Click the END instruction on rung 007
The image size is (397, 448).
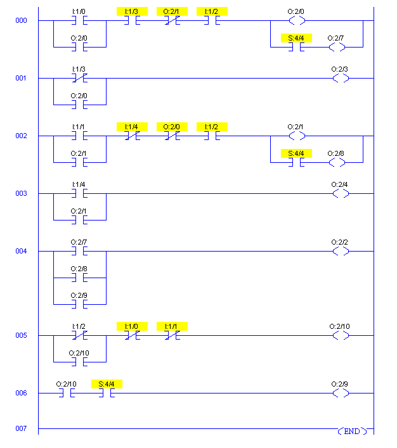[x=351, y=431]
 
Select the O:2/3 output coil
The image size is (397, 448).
[x=341, y=78]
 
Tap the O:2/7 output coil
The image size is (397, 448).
[x=337, y=47]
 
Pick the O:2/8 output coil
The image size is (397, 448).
[x=337, y=162]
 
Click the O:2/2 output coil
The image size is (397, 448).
[x=341, y=252]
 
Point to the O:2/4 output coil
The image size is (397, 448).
[x=341, y=193]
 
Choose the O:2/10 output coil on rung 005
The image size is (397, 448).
[x=341, y=335]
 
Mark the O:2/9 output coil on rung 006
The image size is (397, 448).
[x=341, y=393]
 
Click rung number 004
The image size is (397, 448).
[x=22, y=252]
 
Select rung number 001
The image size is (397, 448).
[x=22, y=78]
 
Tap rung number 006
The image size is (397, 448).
[x=22, y=394]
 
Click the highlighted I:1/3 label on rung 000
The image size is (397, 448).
[x=133, y=11]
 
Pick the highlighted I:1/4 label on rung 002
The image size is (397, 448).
[x=133, y=127]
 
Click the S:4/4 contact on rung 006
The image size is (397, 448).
[x=107, y=393]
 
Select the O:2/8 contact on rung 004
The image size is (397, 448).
[x=79, y=278]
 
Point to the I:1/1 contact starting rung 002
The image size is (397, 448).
[x=79, y=136]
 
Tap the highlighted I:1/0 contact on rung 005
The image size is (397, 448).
[x=132, y=335]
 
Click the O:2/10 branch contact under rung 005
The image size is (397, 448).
[x=79, y=362]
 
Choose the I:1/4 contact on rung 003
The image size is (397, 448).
[x=79, y=193]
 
